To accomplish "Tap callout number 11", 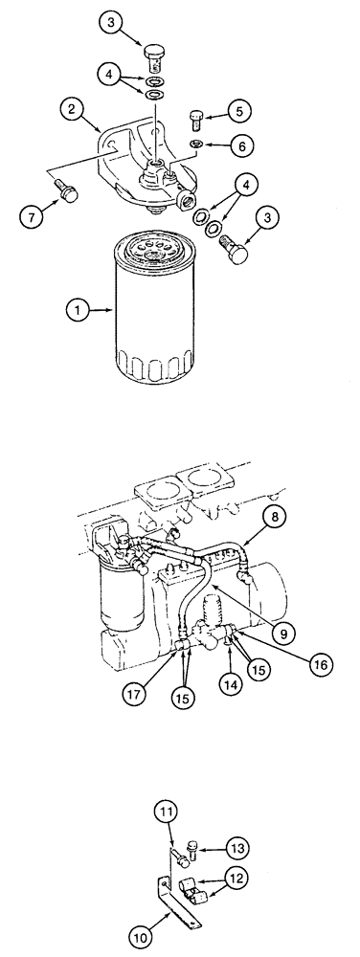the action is click(x=166, y=813).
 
